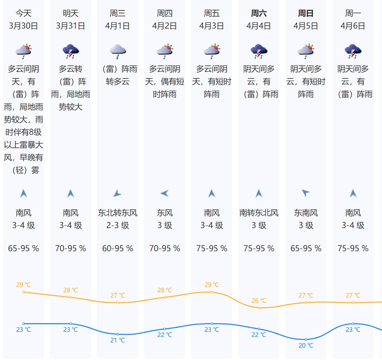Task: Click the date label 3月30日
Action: coord(24,26)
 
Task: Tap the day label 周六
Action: coord(259,14)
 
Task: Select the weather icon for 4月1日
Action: coord(118,51)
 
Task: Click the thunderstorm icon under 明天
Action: coord(71,51)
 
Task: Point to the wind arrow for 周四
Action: coord(165,194)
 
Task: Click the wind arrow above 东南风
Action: coord(306,193)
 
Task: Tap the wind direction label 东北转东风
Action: coord(118,213)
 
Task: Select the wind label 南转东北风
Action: coord(259,213)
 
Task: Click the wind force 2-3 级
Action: coord(118,226)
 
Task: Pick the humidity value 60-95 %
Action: coord(118,249)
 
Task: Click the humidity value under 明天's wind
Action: coord(71,249)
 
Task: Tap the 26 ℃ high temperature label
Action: coord(259,301)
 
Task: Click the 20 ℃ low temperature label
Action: coord(306,346)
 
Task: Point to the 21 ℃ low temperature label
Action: coord(118,340)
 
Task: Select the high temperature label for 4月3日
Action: coord(212,285)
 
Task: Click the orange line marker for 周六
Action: coord(259,308)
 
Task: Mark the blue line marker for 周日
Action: coord(306,339)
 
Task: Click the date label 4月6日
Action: coord(353,26)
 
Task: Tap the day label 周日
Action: coord(306,14)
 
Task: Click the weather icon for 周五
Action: coord(212,51)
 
